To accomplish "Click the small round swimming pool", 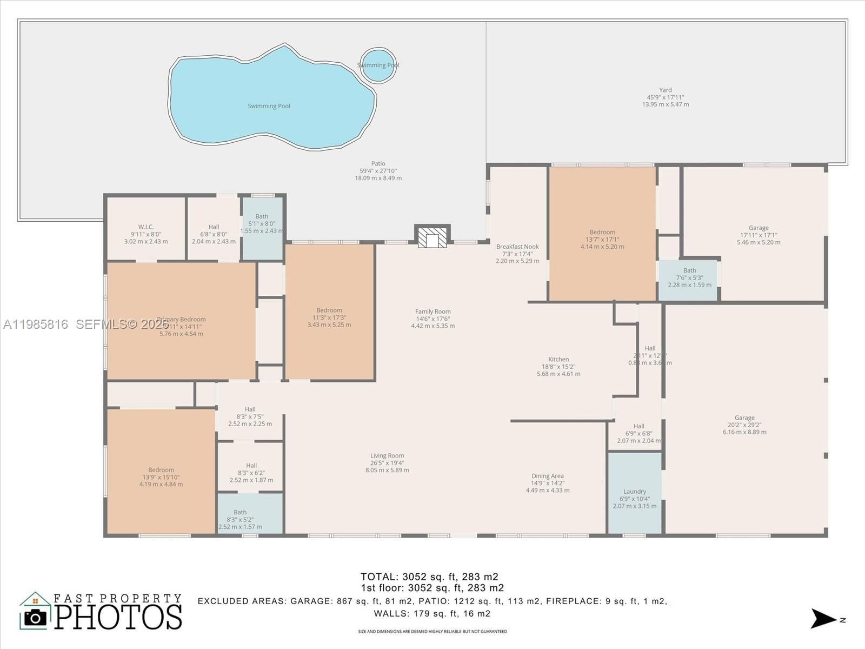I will (x=378, y=65).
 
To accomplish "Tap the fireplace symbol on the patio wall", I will (x=432, y=237).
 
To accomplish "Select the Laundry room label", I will (x=635, y=499).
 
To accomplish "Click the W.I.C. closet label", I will (x=146, y=234).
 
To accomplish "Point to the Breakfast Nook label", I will (x=517, y=254).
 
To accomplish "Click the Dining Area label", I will (x=548, y=483).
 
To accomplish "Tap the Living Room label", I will (x=387, y=463).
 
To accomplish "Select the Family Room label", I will (x=432, y=319).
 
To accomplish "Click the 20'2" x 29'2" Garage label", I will (x=744, y=425).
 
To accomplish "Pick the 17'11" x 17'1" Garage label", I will (x=758, y=235).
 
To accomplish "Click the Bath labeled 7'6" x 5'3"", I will (x=689, y=277).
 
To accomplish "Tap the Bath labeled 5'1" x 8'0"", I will (x=262, y=223).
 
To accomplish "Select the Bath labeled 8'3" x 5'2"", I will (x=240, y=519).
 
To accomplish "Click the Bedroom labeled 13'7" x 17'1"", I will (x=602, y=239).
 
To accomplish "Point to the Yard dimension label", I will (x=666, y=97).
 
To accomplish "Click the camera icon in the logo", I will (x=36, y=617).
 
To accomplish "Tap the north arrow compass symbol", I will (x=824, y=619).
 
